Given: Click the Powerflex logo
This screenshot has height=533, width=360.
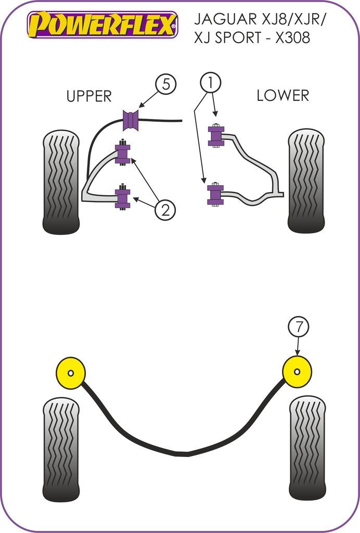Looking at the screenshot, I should (x=102, y=25).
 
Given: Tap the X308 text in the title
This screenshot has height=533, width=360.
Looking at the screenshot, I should (x=288, y=37).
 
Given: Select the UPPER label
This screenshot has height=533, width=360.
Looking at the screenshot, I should (x=89, y=96).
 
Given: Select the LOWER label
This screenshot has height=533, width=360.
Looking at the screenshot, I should (x=282, y=95).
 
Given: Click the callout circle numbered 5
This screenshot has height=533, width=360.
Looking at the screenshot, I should (x=165, y=84).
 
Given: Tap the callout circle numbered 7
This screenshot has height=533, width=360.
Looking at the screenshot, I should (x=298, y=327).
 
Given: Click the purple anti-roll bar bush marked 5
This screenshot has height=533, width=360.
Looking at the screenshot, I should (x=132, y=120).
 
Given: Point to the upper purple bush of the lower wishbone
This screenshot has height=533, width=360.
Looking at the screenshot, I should (x=215, y=136).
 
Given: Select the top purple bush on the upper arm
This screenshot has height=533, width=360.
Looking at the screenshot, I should (x=122, y=154).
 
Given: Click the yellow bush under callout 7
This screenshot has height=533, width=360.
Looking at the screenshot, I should (x=297, y=372).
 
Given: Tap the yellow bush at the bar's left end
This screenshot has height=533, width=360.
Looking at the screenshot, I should (x=70, y=372).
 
